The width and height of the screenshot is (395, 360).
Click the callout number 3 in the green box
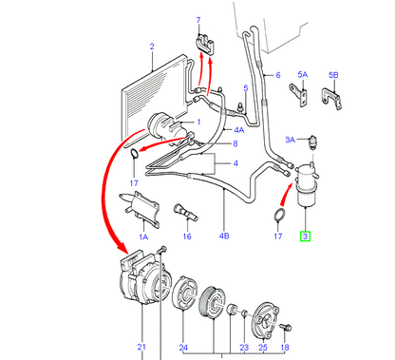(305, 237)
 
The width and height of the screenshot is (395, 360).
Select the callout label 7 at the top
(198, 20)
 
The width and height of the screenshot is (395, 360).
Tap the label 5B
(333, 75)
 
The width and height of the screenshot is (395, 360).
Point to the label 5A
(303, 75)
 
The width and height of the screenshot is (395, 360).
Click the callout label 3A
(291, 140)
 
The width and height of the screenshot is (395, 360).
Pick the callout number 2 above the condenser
(152, 47)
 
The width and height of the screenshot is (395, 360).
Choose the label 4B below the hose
(224, 236)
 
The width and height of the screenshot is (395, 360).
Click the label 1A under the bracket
(143, 237)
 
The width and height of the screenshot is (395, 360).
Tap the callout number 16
(187, 237)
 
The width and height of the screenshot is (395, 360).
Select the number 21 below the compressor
(141, 347)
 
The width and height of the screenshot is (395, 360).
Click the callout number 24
(183, 348)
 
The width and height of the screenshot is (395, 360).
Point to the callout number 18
(285, 348)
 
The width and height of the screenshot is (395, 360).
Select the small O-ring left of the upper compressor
(134, 153)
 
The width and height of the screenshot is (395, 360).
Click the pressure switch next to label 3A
(314, 141)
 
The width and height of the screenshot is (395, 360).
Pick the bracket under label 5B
(332, 98)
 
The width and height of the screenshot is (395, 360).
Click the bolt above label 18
(287, 328)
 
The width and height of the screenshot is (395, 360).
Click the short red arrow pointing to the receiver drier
(285, 194)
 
